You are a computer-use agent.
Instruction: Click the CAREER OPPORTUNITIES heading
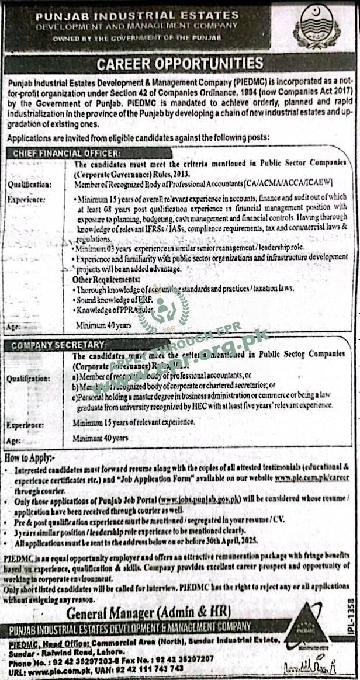pyautogui.click(x=180, y=64)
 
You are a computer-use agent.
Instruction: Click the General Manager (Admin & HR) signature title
pyautogui.click(x=148, y=613)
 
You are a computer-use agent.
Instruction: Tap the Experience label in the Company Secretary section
pyautogui.click(x=28, y=425)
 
